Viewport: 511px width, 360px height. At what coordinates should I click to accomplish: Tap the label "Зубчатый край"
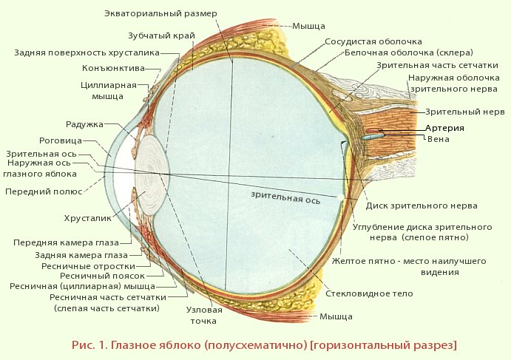click(x=157, y=35)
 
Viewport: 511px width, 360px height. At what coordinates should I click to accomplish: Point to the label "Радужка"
click(x=84, y=124)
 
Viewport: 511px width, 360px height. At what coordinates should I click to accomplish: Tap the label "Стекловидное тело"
click(x=369, y=293)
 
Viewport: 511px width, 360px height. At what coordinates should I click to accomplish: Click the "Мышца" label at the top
click(x=308, y=24)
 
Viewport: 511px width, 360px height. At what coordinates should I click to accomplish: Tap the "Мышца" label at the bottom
click(x=336, y=316)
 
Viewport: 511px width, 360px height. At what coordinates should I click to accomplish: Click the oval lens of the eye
click(x=154, y=175)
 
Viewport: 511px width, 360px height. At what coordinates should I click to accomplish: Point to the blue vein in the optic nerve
click(x=373, y=135)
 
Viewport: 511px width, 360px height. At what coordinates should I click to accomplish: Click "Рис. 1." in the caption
click(x=91, y=345)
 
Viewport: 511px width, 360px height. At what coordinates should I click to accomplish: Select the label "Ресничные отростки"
click(x=97, y=265)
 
